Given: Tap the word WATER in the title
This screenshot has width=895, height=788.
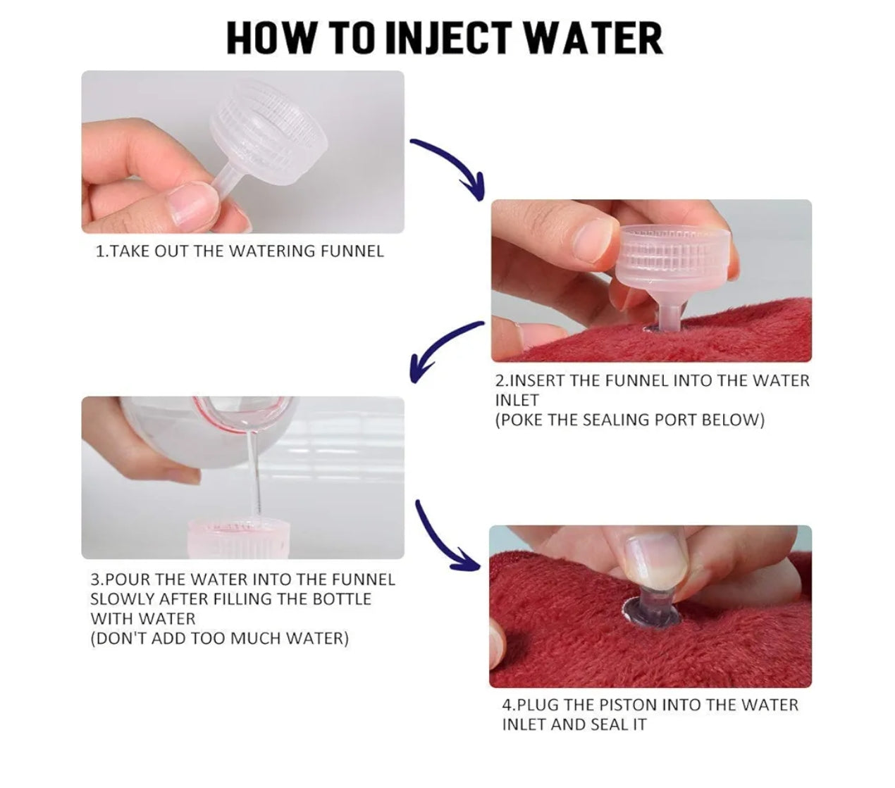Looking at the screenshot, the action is coord(588,39).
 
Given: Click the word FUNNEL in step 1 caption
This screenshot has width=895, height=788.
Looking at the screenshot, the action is coord(352,251).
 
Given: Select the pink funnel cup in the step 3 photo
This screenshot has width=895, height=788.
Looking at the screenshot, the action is coord(238,538).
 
